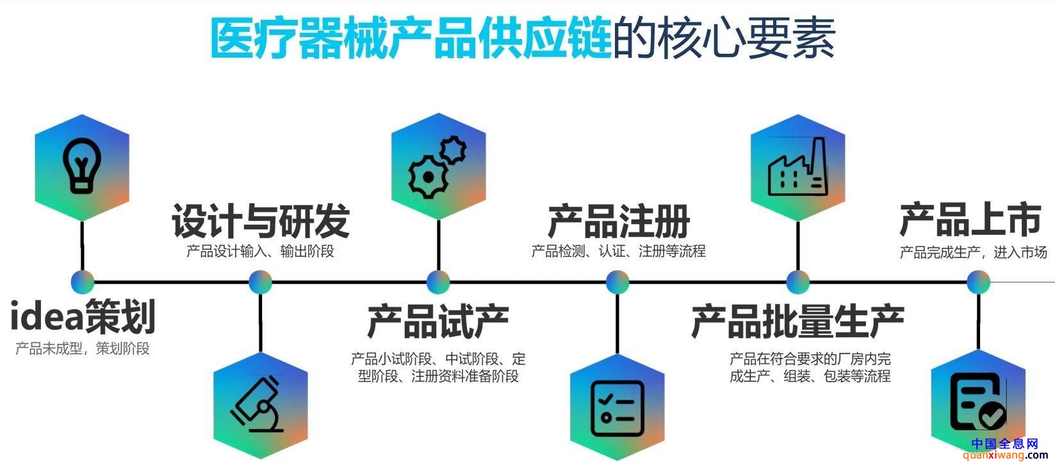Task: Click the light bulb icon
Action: coord(82,166)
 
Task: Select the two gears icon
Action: coord(437,166)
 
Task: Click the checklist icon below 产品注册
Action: coord(617,408)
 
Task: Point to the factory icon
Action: coord(797,166)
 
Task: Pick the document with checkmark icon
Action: coord(978,401)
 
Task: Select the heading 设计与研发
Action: coord(261,221)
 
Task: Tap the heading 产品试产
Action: coord(438,321)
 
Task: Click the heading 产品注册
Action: coord(618,221)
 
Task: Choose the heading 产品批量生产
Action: coord(797,321)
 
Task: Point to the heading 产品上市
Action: coord(970,220)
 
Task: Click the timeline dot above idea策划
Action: coord(83,282)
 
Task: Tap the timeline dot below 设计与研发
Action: coord(260,282)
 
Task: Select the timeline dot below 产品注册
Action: coord(617,282)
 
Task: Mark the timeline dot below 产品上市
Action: coord(978,282)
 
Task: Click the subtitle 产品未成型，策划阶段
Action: coord(83,348)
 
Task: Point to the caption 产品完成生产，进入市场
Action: coord(973,252)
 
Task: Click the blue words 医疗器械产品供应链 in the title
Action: coord(411,38)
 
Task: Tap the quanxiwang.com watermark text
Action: coord(1005,455)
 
